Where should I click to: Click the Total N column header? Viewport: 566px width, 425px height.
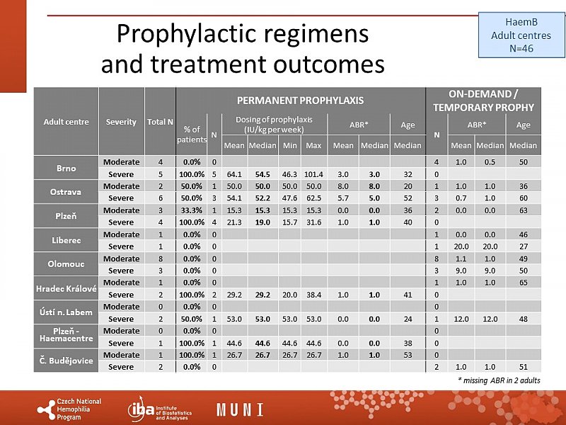click(x=160, y=121)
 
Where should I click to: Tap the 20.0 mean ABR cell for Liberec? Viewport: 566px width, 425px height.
click(x=461, y=247)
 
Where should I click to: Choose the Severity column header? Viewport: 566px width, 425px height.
click(x=121, y=121)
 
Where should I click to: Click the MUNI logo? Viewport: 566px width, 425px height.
click(x=240, y=409)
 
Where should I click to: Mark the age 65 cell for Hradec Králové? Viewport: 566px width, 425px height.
click(x=524, y=283)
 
